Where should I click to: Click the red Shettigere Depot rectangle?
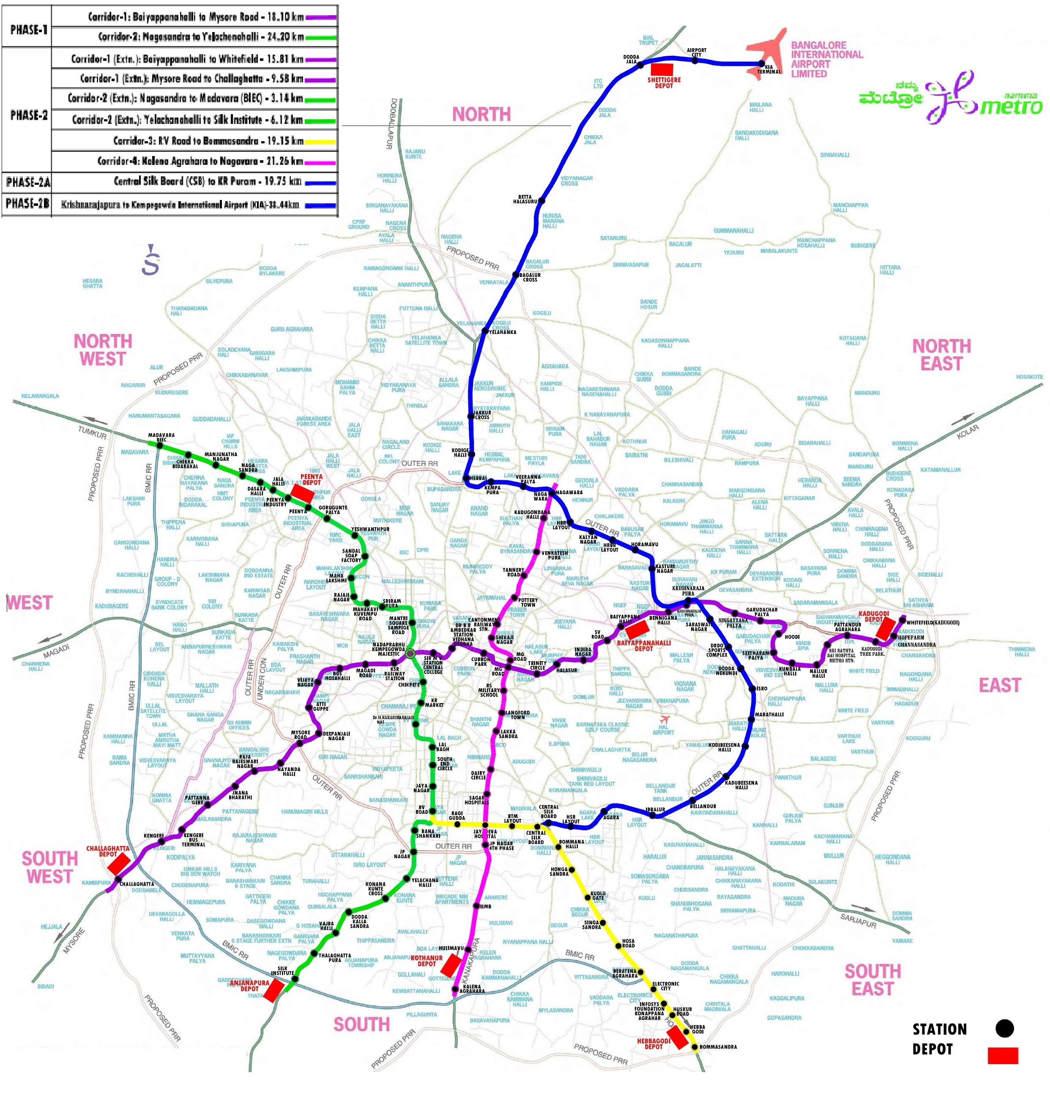(x=662, y=69)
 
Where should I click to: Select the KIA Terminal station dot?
(x=761, y=64)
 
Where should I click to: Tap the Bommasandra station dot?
(x=695, y=1047)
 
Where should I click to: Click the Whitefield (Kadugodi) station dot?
(x=902, y=619)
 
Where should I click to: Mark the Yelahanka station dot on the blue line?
(x=485, y=331)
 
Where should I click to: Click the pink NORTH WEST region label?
(x=103, y=350)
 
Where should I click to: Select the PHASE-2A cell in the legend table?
(x=27, y=182)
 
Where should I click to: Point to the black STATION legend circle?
(x=1005, y=1028)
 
